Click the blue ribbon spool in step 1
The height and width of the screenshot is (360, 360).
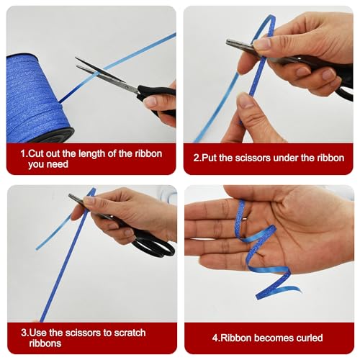[36, 99]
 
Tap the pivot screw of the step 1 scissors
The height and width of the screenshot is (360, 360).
[125, 85]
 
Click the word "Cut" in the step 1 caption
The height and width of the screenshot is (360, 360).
[36, 153]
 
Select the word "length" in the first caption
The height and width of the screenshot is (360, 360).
[92, 154]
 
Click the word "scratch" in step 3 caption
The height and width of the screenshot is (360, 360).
[130, 333]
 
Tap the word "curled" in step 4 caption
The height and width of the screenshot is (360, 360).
[310, 338]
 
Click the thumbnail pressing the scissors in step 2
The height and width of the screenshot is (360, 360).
[261, 44]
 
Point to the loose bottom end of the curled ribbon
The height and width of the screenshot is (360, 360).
[258, 297]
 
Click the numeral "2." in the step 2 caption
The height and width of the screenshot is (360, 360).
[197, 158]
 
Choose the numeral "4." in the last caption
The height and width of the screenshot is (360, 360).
[216, 338]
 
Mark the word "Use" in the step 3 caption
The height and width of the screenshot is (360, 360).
[37, 333]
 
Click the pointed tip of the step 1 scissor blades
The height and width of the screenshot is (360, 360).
[76, 58]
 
